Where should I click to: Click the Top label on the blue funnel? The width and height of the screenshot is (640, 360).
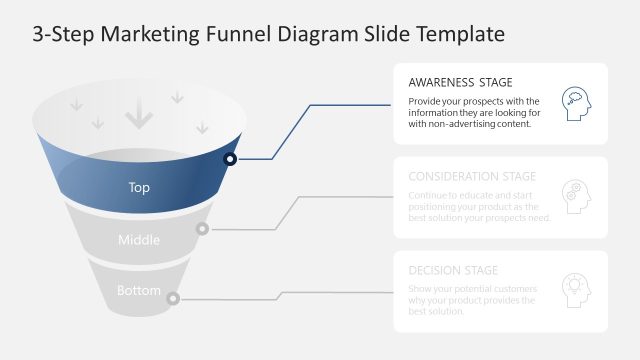[140, 187]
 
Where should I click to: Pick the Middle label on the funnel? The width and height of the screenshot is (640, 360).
[139, 240]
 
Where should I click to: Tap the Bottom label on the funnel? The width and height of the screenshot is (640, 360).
[139, 291]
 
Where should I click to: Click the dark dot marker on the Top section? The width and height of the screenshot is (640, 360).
[230, 159]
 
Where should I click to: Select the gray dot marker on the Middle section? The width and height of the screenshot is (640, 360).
[202, 229]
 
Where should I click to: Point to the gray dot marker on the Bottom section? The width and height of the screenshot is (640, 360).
[173, 298]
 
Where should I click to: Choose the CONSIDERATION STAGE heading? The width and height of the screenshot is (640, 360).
[472, 177]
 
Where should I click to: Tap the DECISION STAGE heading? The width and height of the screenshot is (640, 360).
[453, 270]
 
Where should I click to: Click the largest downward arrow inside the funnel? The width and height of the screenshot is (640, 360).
[139, 118]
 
